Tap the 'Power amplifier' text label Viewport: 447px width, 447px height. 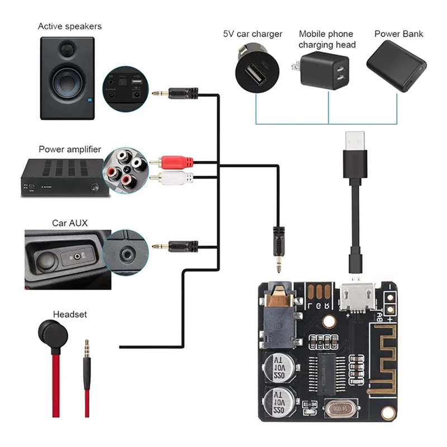tap(70, 149)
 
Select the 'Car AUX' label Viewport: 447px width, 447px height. tap(70, 223)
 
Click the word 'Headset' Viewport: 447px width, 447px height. tap(70, 315)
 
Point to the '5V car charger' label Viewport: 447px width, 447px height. tap(253, 34)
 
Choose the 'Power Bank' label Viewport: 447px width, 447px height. tap(398, 34)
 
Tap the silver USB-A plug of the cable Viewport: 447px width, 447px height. tap(355, 140)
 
